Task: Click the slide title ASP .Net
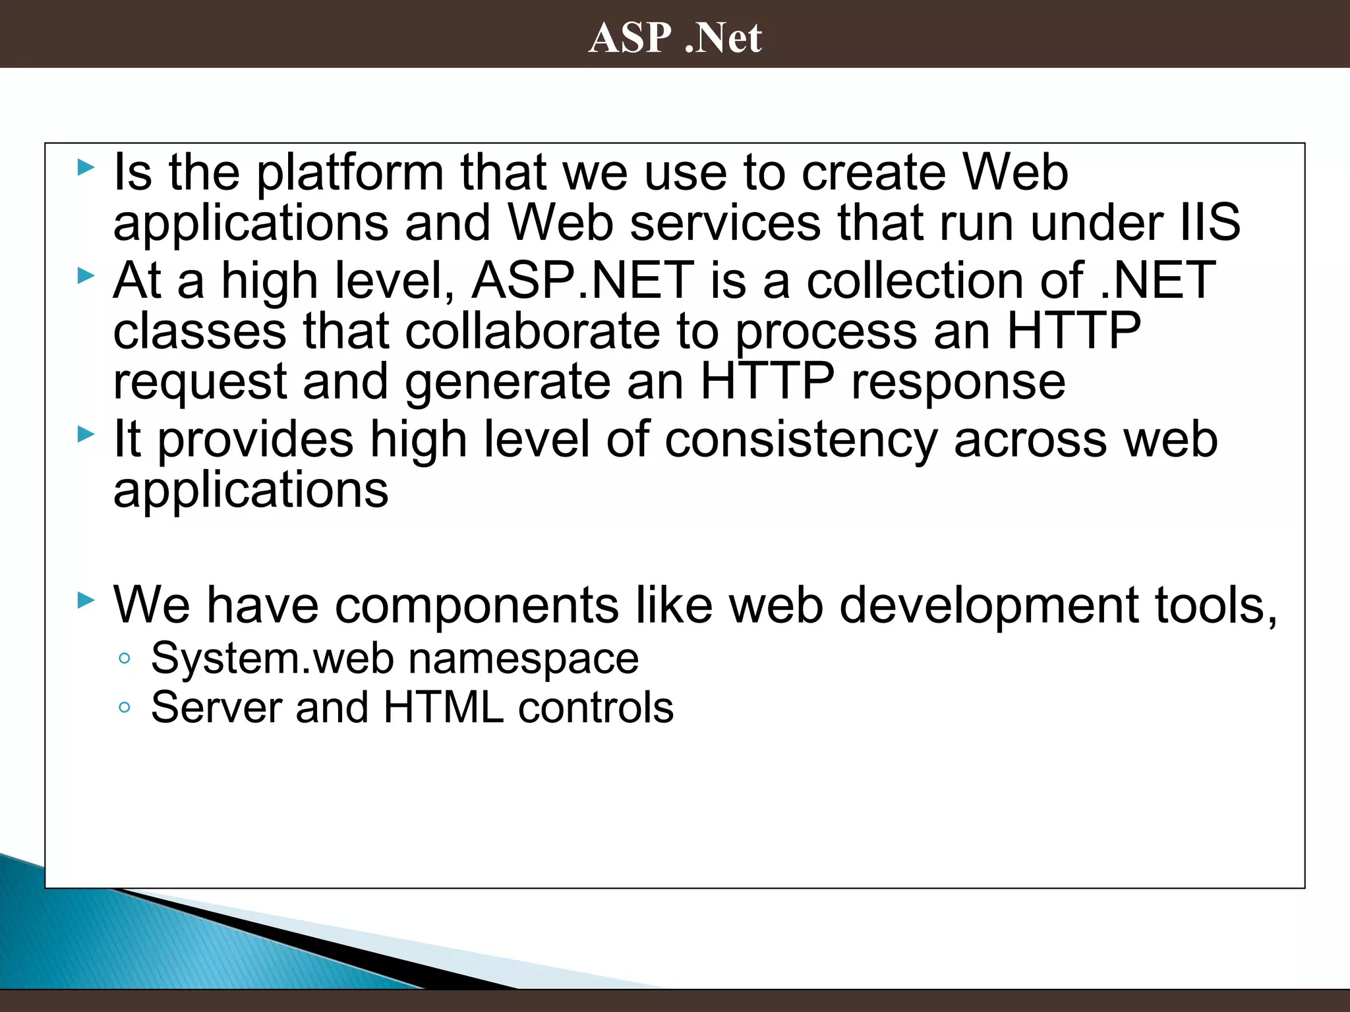pos(675,37)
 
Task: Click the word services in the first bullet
pos(726,223)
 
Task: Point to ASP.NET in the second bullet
pos(583,281)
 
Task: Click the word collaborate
pos(533,331)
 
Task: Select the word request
pos(200,382)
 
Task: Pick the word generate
pos(508,382)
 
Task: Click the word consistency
pos(801,440)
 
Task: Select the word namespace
pos(523,658)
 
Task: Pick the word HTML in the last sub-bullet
pos(444,708)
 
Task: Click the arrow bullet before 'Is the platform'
pos(86,167)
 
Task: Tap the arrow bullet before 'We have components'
pos(86,600)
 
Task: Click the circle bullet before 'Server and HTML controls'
pos(125,708)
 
